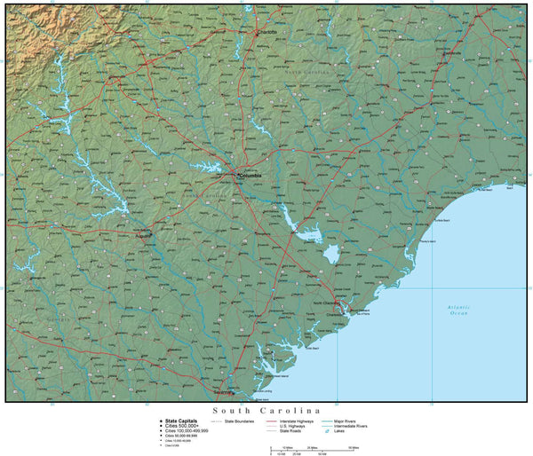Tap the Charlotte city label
(266, 32)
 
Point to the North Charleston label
(327, 303)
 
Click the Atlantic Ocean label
(458, 310)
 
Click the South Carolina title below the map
(266, 411)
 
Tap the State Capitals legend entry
(181, 421)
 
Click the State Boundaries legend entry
(241, 421)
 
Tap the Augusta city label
(142, 237)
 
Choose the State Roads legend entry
(292, 432)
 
